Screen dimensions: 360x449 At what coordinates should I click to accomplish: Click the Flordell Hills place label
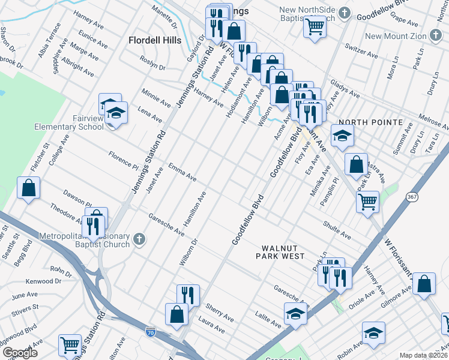[x=155, y=41]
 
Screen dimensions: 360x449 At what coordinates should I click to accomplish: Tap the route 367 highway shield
[x=411, y=196]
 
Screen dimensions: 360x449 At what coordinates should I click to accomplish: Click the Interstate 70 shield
[x=151, y=331]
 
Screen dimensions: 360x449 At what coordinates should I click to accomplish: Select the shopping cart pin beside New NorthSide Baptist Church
[x=314, y=26]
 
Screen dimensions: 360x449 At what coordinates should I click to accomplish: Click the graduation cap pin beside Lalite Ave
[x=295, y=314]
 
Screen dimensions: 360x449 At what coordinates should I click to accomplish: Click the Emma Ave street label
[x=182, y=172]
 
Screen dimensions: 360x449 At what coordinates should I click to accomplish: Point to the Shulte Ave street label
[x=336, y=230]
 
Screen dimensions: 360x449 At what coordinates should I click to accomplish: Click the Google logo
[x=20, y=352]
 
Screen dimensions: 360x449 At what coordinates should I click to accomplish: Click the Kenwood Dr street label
[x=43, y=281]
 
